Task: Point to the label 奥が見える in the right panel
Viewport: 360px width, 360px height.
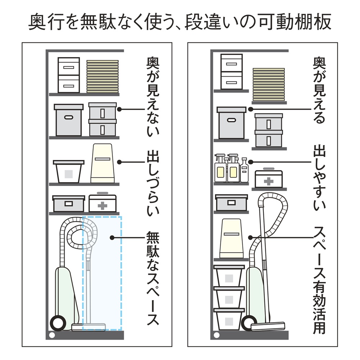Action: click(320, 90)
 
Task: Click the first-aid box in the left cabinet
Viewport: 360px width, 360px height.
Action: click(103, 204)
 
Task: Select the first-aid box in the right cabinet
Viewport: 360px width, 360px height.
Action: click(269, 179)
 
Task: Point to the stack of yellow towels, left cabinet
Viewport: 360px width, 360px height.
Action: click(103, 76)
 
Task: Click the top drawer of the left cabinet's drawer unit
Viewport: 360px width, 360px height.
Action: click(69, 66)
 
